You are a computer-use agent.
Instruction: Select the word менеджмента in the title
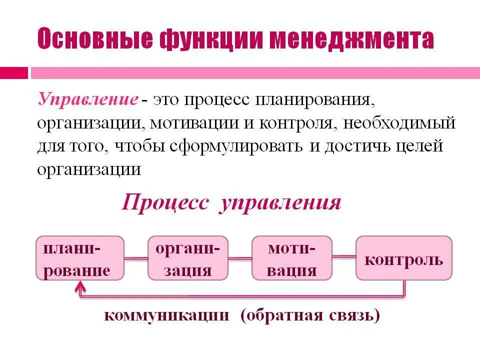(x=350, y=39)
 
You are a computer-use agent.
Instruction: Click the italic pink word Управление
(x=88, y=99)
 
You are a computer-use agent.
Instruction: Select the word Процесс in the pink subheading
(x=164, y=203)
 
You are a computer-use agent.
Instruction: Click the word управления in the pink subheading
(x=279, y=203)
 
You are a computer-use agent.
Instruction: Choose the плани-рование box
(x=80, y=258)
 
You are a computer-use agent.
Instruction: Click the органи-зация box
(x=188, y=258)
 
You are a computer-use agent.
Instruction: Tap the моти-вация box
(x=292, y=258)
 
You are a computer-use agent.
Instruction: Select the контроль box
(x=403, y=258)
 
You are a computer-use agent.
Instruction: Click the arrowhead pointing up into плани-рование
(x=80, y=286)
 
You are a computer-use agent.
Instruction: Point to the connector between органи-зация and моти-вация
(x=240, y=258)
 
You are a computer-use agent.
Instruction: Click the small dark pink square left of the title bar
(x=14, y=73)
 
